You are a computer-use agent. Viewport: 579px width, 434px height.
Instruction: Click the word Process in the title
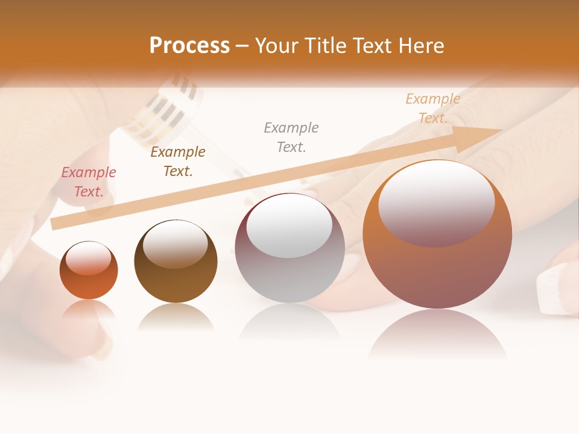click(x=189, y=46)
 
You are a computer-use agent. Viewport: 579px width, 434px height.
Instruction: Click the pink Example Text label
click(x=89, y=182)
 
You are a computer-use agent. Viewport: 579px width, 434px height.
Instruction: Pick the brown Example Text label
click(x=178, y=162)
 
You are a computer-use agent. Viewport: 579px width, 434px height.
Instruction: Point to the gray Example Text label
click(x=291, y=137)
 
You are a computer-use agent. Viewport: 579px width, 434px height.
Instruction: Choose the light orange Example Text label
click(x=432, y=108)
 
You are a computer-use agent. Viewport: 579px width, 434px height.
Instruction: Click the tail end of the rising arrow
click(x=55, y=223)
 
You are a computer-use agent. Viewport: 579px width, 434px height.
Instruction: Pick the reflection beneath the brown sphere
click(x=176, y=318)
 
